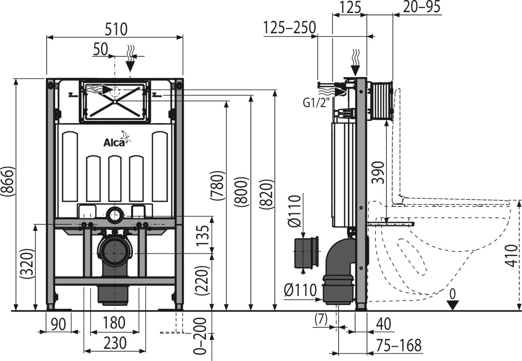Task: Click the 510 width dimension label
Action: [116, 29]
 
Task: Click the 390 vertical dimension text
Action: [378, 173]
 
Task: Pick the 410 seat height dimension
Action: [511, 256]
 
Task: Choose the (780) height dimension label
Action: [217, 186]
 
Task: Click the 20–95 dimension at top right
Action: [422, 7]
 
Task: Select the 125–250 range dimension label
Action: [290, 27]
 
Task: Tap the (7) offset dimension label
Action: [321, 319]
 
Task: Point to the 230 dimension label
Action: [115, 343]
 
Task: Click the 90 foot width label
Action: [58, 324]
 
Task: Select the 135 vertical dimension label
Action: [202, 235]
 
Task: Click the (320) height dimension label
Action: [27, 264]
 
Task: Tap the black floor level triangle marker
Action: [452, 305]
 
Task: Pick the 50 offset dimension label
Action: [100, 50]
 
